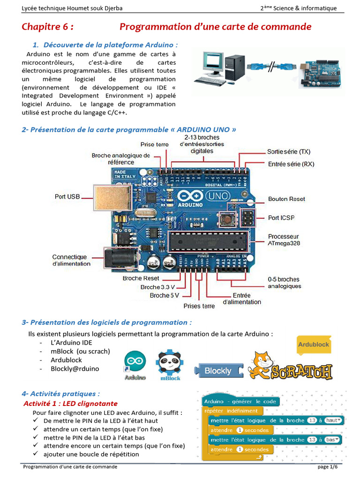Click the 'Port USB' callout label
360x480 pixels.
click(x=67, y=197)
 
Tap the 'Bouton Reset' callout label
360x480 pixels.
click(x=286, y=199)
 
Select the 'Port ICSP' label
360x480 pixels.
click(x=281, y=217)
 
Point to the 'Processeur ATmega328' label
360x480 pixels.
click(x=284, y=240)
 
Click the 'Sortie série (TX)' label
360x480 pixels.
click(x=289, y=151)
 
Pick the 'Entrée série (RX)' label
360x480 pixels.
click(x=291, y=164)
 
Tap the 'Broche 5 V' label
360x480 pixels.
click(x=164, y=295)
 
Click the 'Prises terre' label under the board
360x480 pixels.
click(x=199, y=306)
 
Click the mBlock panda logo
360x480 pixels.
click(x=170, y=363)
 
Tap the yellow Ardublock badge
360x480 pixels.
click(x=314, y=345)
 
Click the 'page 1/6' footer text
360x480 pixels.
click(x=327, y=467)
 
